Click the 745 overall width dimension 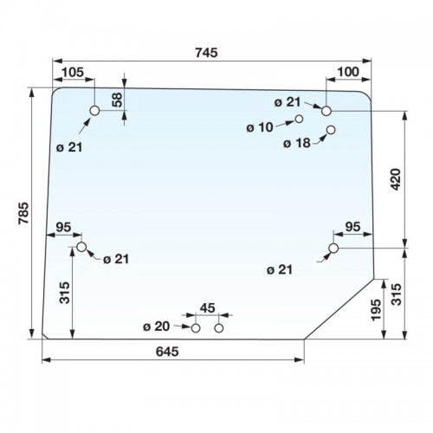(206, 53)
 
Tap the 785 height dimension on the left (24, 213)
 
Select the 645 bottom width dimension (167, 352)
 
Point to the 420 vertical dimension (396, 179)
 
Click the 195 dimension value (377, 310)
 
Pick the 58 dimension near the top (118, 100)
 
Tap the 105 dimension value (73, 72)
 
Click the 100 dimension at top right (348, 72)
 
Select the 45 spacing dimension (208, 308)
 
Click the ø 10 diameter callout (260, 127)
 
